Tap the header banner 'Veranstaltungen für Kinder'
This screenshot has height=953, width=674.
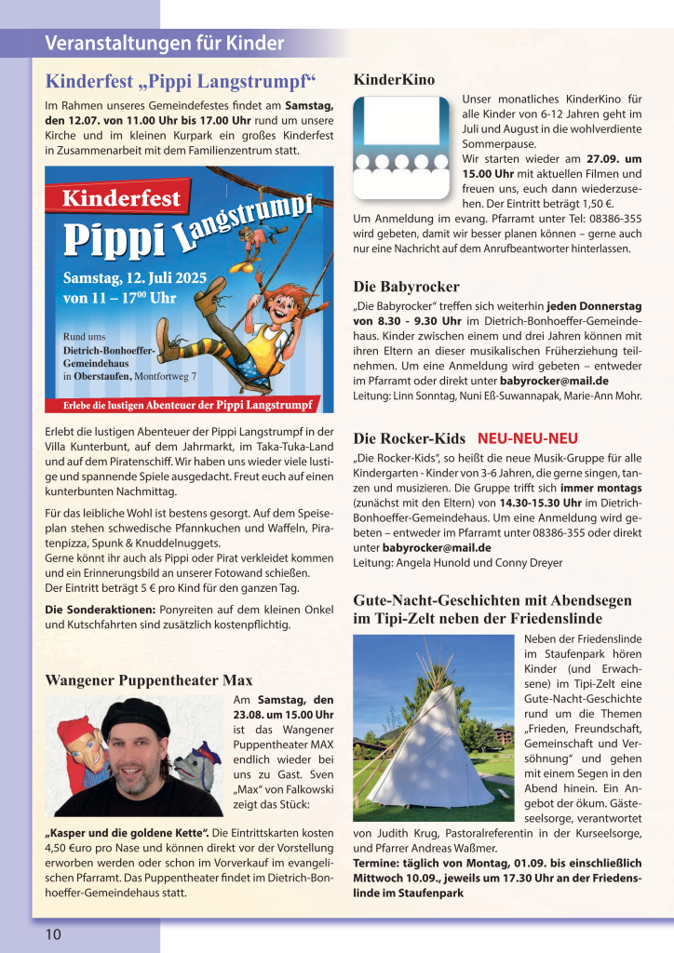[x=164, y=43]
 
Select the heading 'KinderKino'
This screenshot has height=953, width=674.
[x=394, y=79]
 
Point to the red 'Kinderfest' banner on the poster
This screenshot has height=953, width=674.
[x=122, y=198]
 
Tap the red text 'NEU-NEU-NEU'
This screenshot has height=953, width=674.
[x=528, y=438]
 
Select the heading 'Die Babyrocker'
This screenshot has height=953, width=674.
[x=406, y=286]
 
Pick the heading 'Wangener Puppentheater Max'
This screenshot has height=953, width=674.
[x=149, y=680]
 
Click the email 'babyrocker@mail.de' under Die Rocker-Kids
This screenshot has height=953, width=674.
[x=437, y=547]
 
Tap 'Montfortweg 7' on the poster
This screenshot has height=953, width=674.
[x=166, y=376]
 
